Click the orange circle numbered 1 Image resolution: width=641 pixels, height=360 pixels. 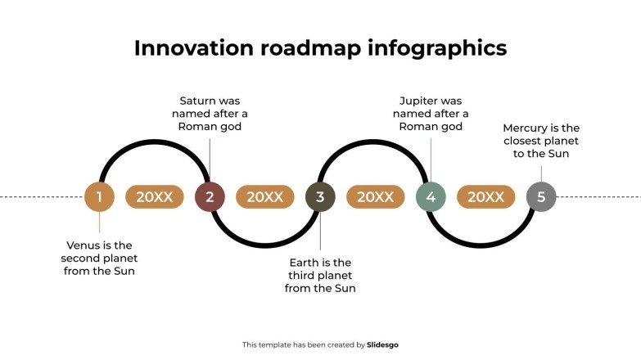[x=99, y=197]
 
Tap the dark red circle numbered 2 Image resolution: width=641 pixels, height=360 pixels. [x=210, y=197]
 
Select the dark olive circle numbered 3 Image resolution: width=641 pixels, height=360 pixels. [x=320, y=197]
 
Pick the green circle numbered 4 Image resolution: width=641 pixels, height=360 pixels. [x=431, y=197]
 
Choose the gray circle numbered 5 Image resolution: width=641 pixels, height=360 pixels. [x=541, y=197]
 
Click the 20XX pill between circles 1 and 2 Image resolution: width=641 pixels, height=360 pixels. [x=155, y=197]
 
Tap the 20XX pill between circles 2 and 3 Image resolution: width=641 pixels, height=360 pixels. [x=265, y=197]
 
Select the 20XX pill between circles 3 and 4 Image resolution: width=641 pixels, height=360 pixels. [x=376, y=197]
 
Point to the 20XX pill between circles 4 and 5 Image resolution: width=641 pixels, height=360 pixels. [x=486, y=197]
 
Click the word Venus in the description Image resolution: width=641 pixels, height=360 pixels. [x=84, y=245]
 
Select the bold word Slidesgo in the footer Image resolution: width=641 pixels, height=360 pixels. [x=383, y=345]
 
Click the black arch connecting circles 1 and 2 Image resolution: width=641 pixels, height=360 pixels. [x=155, y=143]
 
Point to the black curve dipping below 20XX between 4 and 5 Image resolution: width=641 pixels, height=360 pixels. [x=486, y=245]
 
